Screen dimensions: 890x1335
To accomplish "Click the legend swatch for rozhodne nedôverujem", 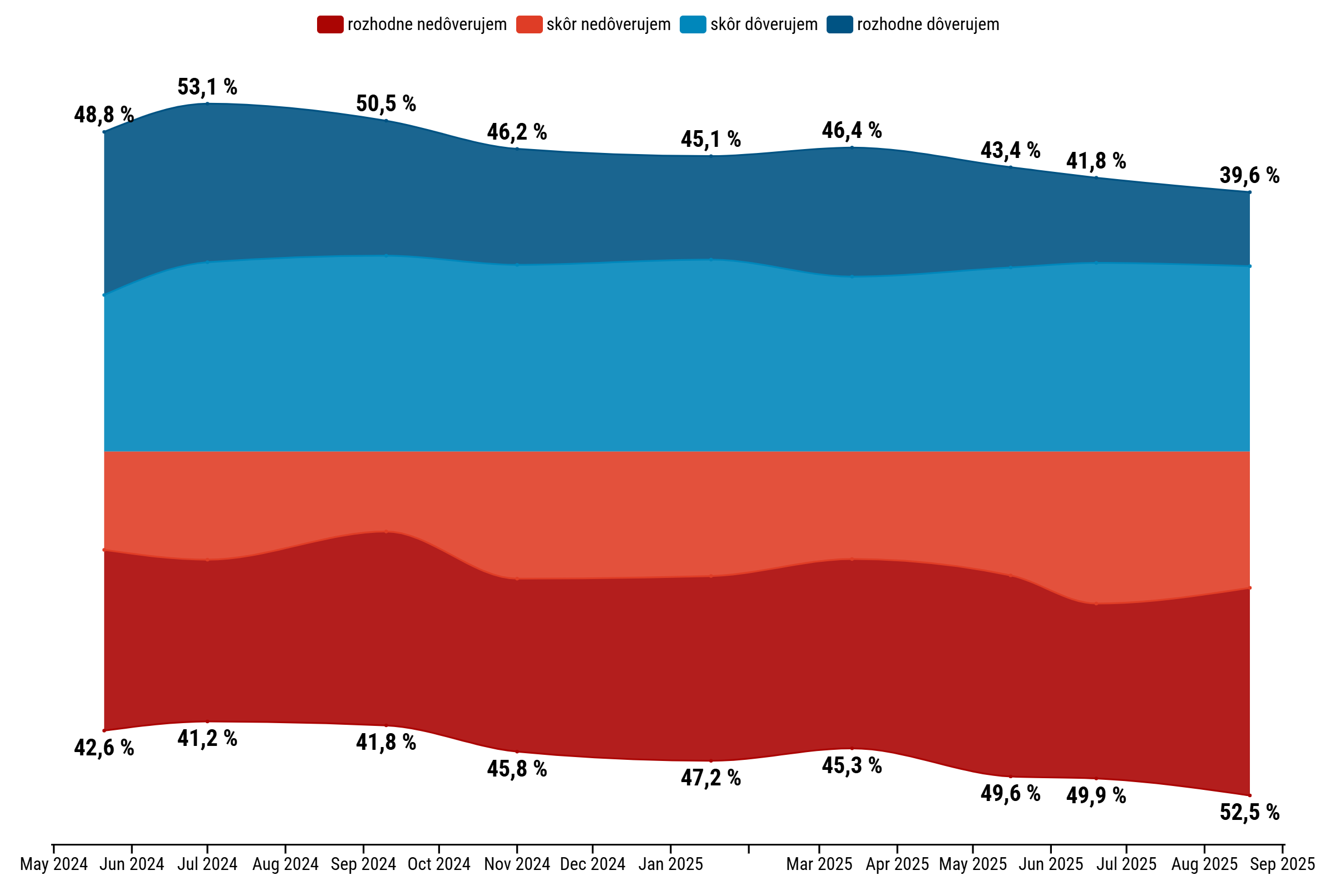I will (x=330, y=25).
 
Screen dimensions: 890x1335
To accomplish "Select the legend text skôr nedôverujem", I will (x=609, y=25).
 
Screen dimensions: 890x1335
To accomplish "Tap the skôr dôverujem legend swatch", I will (x=693, y=25).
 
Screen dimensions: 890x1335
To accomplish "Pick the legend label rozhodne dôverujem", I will (x=927, y=25).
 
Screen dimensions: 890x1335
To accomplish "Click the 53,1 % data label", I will (x=207, y=87).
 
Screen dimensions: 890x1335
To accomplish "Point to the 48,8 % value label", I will (x=104, y=115).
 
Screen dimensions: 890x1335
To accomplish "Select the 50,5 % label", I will (x=386, y=104).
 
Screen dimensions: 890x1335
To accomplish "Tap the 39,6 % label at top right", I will (x=1249, y=176).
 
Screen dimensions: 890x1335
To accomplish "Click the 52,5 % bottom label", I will (x=1249, y=813).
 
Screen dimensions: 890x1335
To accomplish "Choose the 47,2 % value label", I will (x=711, y=778).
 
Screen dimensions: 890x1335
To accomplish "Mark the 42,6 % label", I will (x=104, y=749).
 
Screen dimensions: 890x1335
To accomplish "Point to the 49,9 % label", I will (x=1096, y=796).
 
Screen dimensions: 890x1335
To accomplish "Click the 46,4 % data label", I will (x=852, y=131).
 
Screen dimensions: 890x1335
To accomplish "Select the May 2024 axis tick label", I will (x=54, y=864).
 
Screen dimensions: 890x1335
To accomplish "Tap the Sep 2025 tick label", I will (x=1282, y=864).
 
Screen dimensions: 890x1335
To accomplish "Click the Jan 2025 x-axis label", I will (x=670, y=864).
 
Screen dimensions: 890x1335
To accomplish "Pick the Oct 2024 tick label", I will (x=439, y=864).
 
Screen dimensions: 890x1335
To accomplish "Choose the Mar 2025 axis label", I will (x=819, y=864).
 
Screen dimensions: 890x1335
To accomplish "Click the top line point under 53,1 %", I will (x=207, y=103).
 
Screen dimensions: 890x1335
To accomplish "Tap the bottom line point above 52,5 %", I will (x=1249, y=795).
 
